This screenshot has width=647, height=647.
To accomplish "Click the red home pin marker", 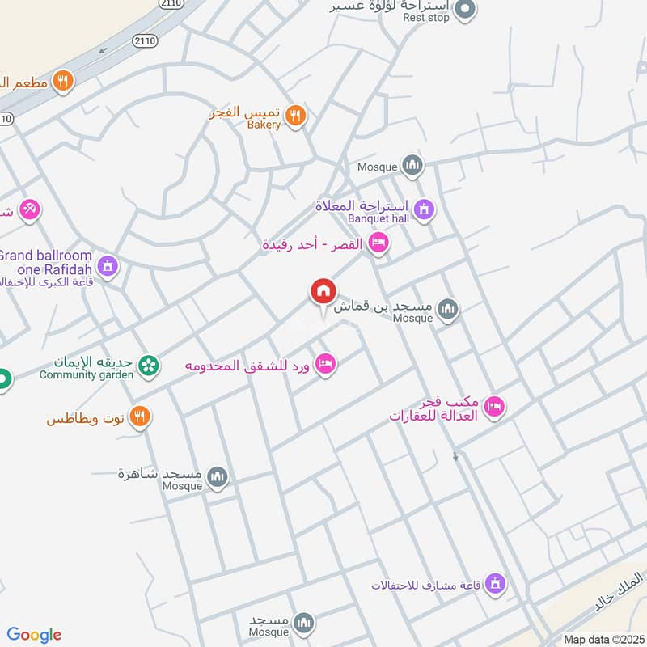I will [323, 292].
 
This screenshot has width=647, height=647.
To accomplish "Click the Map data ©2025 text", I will [603, 639].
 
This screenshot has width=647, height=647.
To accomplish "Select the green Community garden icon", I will [148, 366].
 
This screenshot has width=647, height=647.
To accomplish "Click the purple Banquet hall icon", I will [424, 212].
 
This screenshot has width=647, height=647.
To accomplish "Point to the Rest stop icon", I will [464, 10].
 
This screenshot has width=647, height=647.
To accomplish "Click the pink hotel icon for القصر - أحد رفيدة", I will [377, 243].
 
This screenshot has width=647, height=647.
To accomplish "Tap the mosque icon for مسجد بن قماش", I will [447, 308].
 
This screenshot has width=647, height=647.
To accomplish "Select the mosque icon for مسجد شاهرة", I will [217, 478].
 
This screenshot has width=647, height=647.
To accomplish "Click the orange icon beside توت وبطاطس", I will [140, 417].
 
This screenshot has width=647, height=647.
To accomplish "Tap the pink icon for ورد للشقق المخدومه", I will [325, 364].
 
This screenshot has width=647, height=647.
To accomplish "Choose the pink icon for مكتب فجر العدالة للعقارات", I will [494, 408].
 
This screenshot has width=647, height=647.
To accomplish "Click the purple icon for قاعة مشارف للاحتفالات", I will [496, 582].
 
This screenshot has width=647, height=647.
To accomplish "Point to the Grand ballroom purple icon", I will [108, 265].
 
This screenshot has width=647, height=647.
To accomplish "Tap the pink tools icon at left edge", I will [30, 209].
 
